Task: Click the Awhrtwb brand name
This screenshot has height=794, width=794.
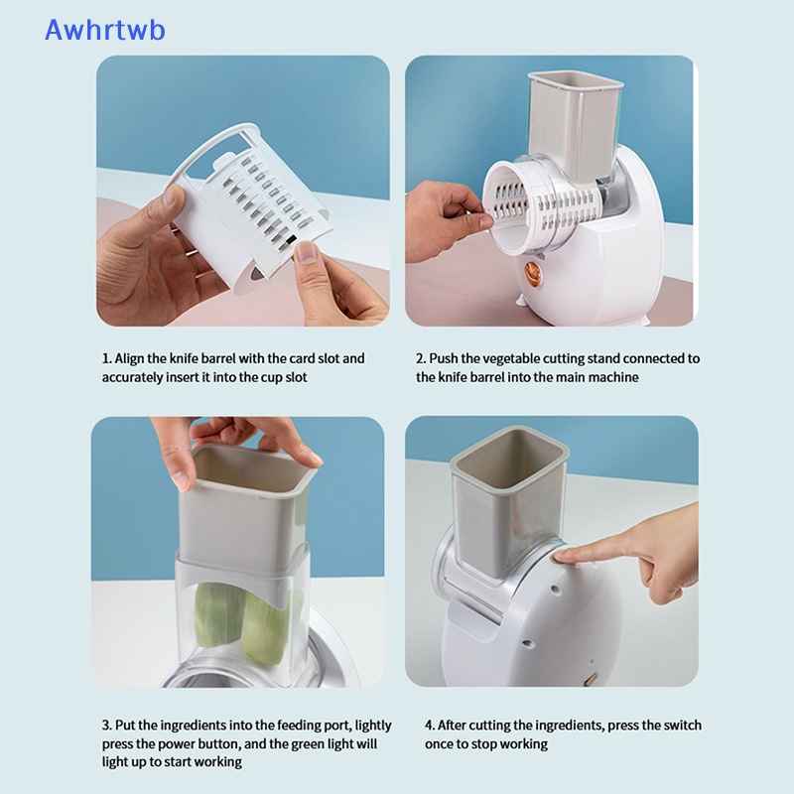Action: [105, 30]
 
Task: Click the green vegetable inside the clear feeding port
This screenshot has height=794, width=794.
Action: [244, 622]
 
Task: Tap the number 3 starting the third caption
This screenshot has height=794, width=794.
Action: [105, 726]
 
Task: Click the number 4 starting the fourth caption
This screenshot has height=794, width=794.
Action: [429, 726]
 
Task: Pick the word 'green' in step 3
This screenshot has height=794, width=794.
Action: [306, 744]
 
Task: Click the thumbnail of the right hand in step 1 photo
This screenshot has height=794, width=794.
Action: [306, 251]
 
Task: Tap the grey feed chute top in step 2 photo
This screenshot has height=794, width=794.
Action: [576, 81]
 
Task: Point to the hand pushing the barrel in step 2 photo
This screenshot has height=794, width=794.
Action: [446, 218]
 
